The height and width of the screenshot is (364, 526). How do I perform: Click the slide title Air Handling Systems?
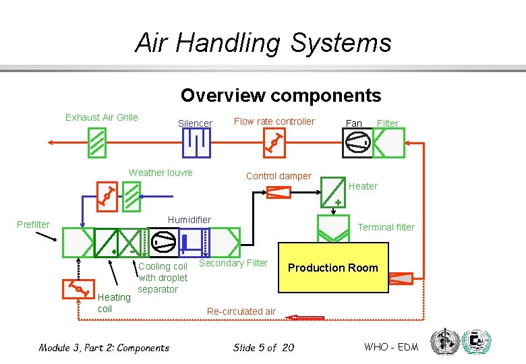(x=263, y=43)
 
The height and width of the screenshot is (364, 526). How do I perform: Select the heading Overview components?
(x=281, y=96)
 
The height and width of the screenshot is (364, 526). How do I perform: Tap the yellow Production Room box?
(x=333, y=268)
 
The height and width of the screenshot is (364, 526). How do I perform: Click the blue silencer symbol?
(x=196, y=143)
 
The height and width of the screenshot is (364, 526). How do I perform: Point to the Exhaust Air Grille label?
(x=101, y=117)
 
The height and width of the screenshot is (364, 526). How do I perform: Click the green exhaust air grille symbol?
(x=96, y=143)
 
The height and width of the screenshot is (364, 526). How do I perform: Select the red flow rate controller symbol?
(x=275, y=143)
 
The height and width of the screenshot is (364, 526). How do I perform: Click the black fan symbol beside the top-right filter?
(x=357, y=143)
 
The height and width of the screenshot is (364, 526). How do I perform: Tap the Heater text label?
(x=363, y=186)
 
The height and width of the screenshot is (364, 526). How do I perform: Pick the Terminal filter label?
(x=386, y=227)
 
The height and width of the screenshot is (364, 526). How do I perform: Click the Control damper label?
(x=279, y=176)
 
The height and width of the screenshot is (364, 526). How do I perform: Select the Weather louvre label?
(x=160, y=173)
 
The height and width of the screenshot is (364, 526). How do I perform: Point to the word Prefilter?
(x=33, y=224)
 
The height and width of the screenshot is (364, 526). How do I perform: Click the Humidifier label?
(x=189, y=220)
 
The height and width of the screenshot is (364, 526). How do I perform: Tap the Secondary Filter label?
(x=233, y=263)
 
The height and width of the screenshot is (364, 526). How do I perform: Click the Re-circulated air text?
(x=241, y=311)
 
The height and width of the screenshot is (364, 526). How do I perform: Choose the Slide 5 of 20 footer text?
(x=263, y=348)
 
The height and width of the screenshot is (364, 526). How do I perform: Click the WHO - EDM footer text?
(x=391, y=347)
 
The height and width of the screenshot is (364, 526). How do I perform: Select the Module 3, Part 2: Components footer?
(x=104, y=348)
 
